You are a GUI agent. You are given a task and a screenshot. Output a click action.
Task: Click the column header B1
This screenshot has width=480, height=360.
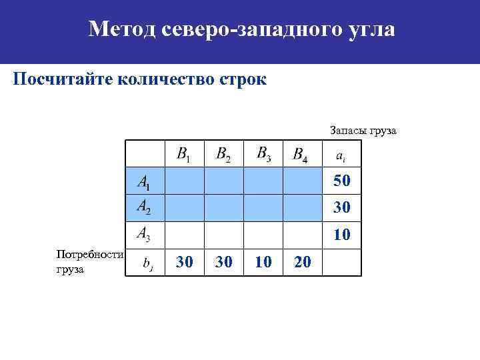pyautogui.click(x=183, y=155)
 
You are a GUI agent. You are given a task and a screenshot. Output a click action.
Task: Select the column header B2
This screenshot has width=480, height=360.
pyautogui.click(x=224, y=155)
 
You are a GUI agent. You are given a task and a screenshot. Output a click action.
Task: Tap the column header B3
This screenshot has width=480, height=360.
pyautogui.click(x=264, y=154)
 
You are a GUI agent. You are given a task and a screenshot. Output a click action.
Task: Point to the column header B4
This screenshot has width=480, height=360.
pyautogui.click(x=301, y=155)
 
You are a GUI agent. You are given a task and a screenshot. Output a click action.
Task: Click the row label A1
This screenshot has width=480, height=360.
pyautogui.click(x=144, y=181)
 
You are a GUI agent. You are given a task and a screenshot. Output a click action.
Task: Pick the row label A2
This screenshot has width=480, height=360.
pyautogui.click(x=144, y=207)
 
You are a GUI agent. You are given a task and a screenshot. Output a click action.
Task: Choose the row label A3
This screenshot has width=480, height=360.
pyautogui.click(x=144, y=233)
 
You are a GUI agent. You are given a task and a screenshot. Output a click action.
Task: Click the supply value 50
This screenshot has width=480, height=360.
pyautogui.click(x=342, y=181)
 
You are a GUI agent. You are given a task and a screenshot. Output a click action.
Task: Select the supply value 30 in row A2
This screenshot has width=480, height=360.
pyautogui.click(x=342, y=209)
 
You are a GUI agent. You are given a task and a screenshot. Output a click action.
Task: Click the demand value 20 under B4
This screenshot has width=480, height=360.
pyautogui.click(x=302, y=263)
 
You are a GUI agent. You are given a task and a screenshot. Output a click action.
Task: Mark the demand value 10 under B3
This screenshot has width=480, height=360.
pyautogui.click(x=263, y=263)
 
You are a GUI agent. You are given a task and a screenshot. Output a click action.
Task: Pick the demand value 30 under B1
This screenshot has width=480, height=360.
pyautogui.click(x=184, y=263)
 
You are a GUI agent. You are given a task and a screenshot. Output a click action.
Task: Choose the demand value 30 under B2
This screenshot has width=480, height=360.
pyautogui.click(x=224, y=263)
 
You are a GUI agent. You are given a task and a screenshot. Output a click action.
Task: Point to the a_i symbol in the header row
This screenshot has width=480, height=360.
pyautogui.click(x=340, y=157)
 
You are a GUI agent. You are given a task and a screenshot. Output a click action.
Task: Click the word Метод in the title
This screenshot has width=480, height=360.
pyautogui.click(x=120, y=29)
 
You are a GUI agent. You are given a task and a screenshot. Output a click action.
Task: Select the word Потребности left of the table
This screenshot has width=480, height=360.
pyautogui.click(x=91, y=255)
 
